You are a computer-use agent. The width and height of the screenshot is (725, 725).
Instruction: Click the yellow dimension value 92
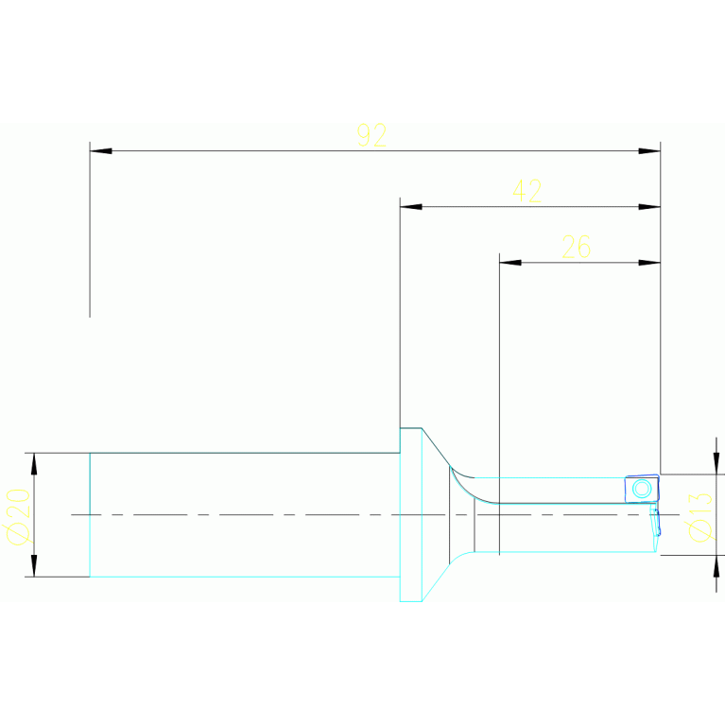(x=371, y=135)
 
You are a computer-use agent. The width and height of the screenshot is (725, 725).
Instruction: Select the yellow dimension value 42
(x=526, y=191)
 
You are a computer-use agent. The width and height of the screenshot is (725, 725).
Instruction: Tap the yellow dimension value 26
(x=576, y=248)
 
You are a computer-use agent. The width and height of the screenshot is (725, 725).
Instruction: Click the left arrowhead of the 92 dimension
(x=101, y=151)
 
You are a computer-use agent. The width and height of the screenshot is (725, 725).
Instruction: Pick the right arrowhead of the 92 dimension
(x=648, y=151)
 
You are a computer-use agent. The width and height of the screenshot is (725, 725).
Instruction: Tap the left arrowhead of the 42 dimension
(x=411, y=207)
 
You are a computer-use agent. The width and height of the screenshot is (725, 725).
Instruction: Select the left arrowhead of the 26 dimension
(x=510, y=263)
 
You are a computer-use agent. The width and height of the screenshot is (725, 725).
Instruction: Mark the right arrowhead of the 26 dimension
(x=648, y=263)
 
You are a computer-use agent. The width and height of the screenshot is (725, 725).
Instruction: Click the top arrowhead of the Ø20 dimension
(x=35, y=463)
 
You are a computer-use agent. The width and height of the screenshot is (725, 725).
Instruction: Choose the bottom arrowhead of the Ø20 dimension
(x=35, y=565)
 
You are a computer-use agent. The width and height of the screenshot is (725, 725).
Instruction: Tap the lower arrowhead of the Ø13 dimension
(x=716, y=565)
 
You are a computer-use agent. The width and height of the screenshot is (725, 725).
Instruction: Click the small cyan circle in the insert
(x=642, y=489)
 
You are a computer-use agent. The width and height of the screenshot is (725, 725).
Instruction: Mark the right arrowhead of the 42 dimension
(x=648, y=207)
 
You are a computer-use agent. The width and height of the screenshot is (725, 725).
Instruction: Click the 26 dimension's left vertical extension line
(x=499, y=378)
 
